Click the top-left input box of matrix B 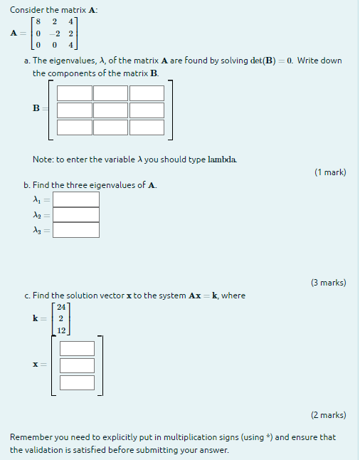tap(75, 93)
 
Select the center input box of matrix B tap(110, 110)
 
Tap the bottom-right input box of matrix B tap(147, 127)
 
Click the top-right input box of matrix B tap(147, 93)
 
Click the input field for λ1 tap(76, 199)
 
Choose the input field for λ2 tap(76, 214)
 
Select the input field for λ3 tap(76, 229)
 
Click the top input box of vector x tap(77, 348)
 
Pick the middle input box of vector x tap(77, 365)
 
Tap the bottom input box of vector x tap(77, 382)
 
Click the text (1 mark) tap(329, 172)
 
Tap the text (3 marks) tap(328, 282)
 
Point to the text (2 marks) tap(328, 414)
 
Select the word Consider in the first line tap(28, 9)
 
